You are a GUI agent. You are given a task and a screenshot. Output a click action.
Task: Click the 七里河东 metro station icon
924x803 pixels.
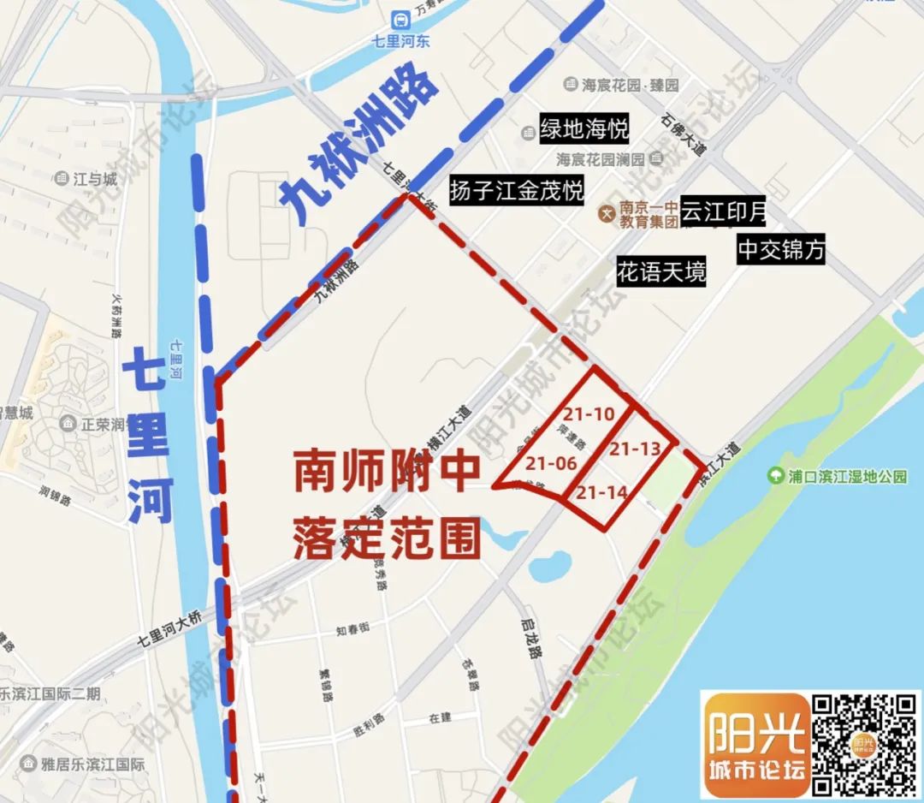click(x=399, y=19)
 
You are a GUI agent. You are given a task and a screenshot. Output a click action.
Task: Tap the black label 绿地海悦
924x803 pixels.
click(x=584, y=129)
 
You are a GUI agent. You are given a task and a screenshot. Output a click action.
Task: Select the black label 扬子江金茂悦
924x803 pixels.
click(x=517, y=190)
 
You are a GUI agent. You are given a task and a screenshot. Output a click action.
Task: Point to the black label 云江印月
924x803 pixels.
click(x=723, y=212)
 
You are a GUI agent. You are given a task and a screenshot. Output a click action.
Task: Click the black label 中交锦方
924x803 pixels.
click(x=782, y=249)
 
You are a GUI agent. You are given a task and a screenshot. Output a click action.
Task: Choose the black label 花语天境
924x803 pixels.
click(x=662, y=273)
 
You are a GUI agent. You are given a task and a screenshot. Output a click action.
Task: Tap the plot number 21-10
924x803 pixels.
click(x=589, y=414)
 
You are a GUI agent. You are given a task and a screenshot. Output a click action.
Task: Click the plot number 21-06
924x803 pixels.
click(x=551, y=463)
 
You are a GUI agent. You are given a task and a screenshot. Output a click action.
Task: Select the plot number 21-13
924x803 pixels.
click(x=636, y=449)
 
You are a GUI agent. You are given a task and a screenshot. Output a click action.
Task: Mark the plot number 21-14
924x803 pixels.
click(x=602, y=492)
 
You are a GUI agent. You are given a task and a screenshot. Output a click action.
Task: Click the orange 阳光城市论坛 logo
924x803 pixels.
click(x=755, y=746)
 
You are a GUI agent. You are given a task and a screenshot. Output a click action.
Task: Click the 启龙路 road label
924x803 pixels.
click(x=534, y=639)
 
